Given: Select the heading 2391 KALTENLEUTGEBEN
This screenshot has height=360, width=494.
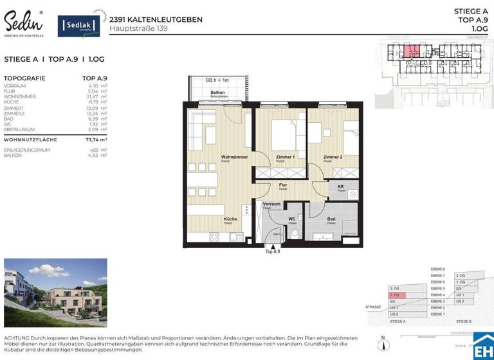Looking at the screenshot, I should coord(156,19).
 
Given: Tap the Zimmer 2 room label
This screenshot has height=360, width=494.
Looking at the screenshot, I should coord(333,157).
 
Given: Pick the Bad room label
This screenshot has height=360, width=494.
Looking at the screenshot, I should coord(331,219).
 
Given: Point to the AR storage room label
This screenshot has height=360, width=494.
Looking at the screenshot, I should coord(340,187).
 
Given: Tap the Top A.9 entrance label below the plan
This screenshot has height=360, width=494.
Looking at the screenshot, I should coord(273,252).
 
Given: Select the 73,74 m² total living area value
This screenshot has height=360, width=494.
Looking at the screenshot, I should coord(96,139).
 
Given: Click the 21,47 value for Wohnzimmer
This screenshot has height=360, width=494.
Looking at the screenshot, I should coord(94,96).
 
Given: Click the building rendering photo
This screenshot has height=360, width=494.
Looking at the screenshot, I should coord(55,293).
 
